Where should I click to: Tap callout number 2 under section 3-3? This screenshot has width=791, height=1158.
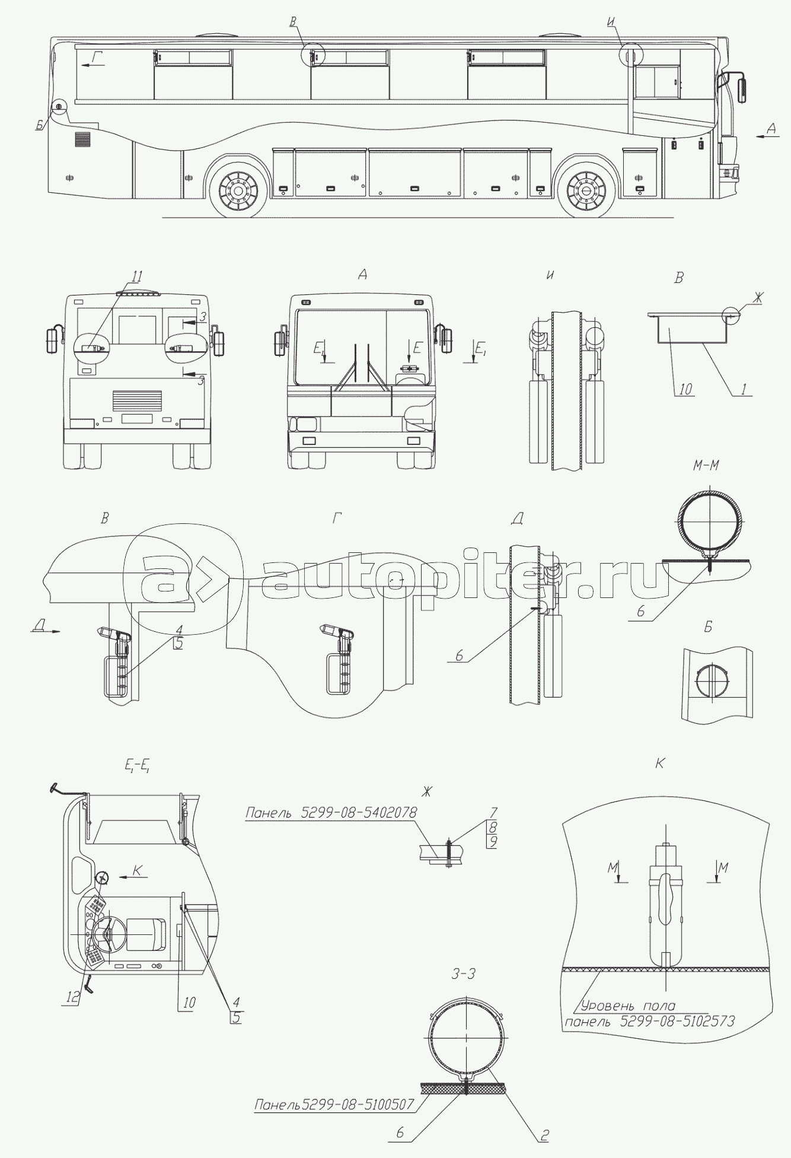click(544, 1134)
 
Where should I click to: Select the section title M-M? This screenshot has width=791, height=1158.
click(706, 465)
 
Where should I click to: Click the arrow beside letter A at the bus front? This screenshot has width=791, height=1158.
click(767, 136)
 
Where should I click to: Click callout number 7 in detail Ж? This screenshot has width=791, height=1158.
click(494, 811)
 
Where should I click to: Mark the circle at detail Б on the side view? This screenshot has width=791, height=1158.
click(59, 106)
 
